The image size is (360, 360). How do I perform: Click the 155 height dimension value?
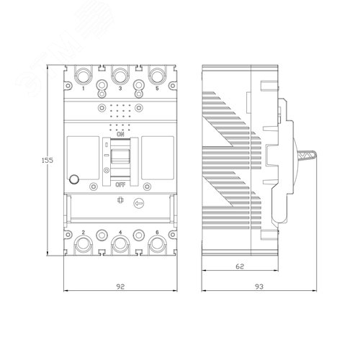pyautogui.click(x=48, y=160)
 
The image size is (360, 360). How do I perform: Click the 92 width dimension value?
pyautogui.click(x=120, y=287)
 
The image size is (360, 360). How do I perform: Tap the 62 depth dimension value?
pyautogui.click(x=240, y=266)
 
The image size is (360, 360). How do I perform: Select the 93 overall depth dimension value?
pyautogui.click(x=259, y=287)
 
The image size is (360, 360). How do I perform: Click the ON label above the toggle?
pyautogui.click(x=120, y=135)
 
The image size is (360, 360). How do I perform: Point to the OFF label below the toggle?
pyautogui.click(x=120, y=185)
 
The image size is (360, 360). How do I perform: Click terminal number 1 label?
pyautogui.click(x=84, y=89)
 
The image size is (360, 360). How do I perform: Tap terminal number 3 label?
pyautogui.click(x=120, y=89)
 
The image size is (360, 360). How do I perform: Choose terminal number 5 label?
pyautogui.click(x=157, y=89)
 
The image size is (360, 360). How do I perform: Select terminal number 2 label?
pyautogui.click(x=84, y=232)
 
